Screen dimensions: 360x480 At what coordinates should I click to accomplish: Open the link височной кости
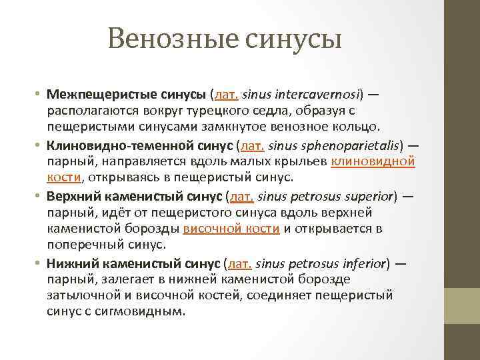point(231,229)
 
